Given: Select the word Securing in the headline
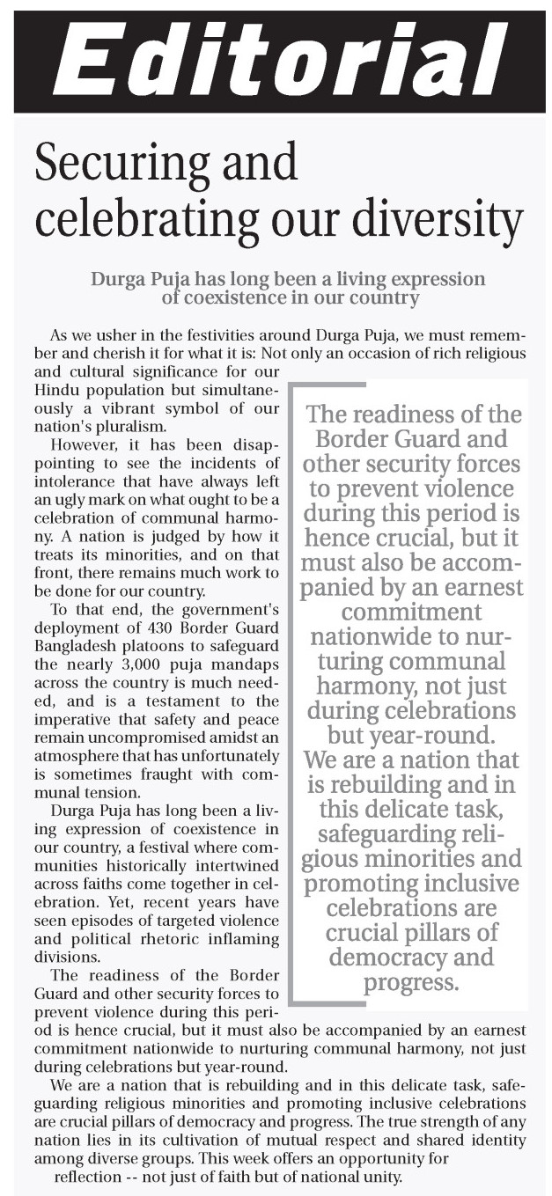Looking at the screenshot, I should pyautogui.click(x=121, y=165).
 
